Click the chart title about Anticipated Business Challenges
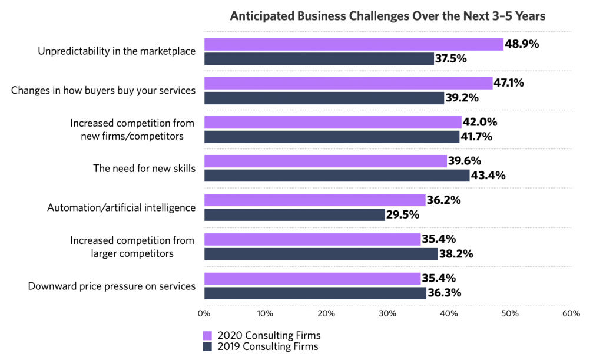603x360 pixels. [x=387, y=16]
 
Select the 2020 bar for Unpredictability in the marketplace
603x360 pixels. [x=353, y=44]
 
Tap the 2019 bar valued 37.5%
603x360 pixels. [x=319, y=58]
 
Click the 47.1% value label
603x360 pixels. [x=509, y=83]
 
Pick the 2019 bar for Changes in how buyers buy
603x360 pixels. [x=324, y=98]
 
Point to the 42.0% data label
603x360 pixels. [x=480, y=123]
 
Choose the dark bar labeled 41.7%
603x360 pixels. [x=332, y=137]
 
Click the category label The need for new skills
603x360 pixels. [x=144, y=169]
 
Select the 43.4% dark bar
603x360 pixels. [x=337, y=176]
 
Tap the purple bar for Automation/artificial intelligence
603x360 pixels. [x=314, y=200]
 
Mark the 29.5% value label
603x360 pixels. [x=403, y=214]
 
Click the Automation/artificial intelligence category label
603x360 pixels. [x=121, y=207]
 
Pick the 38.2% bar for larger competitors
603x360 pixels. [x=321, y=254]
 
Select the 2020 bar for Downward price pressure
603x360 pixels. [x=312, y=279]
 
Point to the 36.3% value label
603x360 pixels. [x=444, y=293]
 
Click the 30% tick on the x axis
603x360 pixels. [x=387, y=313]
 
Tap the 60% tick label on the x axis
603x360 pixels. [x=571, y=313]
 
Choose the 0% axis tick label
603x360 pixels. [x=204, y=313]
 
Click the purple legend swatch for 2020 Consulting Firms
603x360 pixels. [x=207, y=335]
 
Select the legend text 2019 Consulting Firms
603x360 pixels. [x=267, y=346]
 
